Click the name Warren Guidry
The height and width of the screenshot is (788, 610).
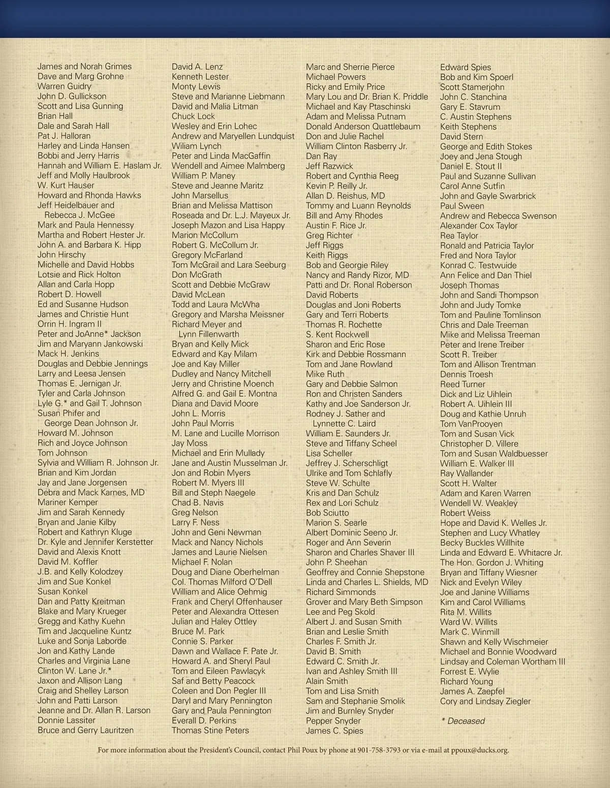point(64,86)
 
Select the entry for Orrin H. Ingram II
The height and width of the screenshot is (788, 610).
point(70,324)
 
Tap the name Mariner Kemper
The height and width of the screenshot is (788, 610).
point(68,502)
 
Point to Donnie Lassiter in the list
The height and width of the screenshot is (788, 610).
point(67,720)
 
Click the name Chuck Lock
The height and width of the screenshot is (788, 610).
point(193,116)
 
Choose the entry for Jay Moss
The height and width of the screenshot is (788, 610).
point(190,443)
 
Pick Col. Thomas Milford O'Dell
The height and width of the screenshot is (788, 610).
point(222,582)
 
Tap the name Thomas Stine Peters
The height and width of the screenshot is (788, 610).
point(210,731)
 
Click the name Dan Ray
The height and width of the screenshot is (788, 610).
point(321,156)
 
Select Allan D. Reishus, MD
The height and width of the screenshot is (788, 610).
point(345,196)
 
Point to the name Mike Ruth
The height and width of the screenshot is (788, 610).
point(325,374)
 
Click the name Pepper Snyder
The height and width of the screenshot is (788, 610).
point(333,721)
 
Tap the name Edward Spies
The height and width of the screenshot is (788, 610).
point(465,67)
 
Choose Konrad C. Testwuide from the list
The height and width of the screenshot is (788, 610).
point(478,265)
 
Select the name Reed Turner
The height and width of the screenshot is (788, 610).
point(463,384)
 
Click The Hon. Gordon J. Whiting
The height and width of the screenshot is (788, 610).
point(492,562)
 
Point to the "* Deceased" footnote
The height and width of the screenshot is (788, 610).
point(463,721)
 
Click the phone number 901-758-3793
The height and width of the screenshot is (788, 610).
point(379,750)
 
